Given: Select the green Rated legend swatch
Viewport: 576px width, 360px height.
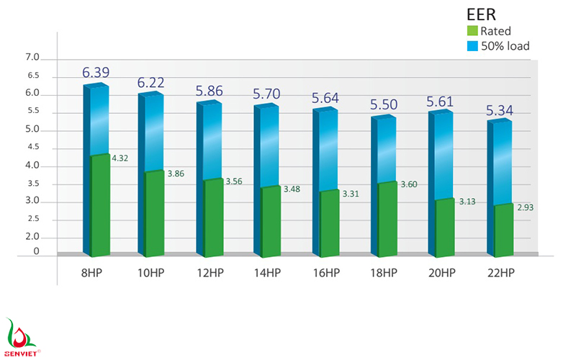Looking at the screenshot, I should pyautogui.click(x=472, y=31).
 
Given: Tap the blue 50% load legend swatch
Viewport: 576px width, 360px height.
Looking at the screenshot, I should pyautogui.click(x=472, y=46).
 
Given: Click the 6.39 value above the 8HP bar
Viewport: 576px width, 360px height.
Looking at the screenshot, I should pyautogui.click(x=96, y=73).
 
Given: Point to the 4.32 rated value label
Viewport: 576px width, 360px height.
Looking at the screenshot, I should pyautogui.click(x=120, y=158).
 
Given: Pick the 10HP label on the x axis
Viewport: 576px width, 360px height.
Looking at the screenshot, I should pyautogui.click(x=152, y=273).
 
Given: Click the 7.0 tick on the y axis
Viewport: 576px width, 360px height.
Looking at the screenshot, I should pyautogui.click(x=32, y=58).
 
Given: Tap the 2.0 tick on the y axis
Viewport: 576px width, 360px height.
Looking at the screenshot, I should pyautogui.click(x=32, y=237).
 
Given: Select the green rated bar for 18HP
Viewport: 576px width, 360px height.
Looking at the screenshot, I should pyautogui.click(x=387, y=220).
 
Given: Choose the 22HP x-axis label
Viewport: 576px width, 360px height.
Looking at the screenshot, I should pyautogui.click(x=499, y=273).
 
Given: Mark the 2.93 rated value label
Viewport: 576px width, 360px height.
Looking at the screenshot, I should pyautogui.click(x=524, y=207).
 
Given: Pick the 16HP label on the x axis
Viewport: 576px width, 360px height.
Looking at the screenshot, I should pyautogui.click(x=326, y=273).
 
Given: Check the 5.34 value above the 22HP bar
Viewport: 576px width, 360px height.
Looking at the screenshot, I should pyautogui.click(x=499, y=111).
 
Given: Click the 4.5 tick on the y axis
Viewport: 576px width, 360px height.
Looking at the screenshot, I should pyautogui.click(x=32, y=148).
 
